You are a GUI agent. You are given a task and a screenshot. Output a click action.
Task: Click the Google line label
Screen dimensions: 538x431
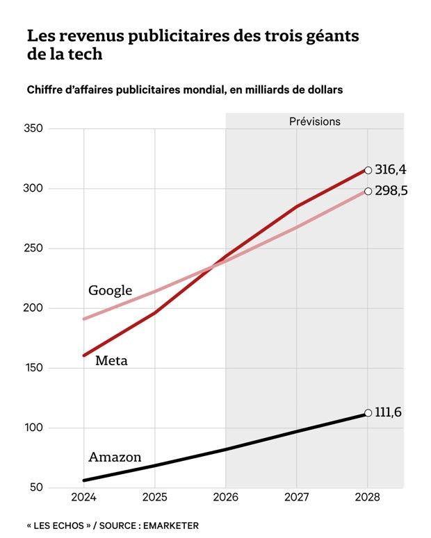click(x=110, y=290)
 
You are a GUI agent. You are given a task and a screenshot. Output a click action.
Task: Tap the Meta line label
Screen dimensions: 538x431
click(x=111, y=360)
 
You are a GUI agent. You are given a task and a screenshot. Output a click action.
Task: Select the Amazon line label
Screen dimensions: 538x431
click(x=115, y=457)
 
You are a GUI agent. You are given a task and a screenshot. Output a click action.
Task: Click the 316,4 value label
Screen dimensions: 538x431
click(x=391, y=169)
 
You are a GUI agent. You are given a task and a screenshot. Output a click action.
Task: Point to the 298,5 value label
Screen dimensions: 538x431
click(x=391, y=191)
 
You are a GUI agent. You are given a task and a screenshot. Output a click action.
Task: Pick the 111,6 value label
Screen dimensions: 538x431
click(x=389, y=412)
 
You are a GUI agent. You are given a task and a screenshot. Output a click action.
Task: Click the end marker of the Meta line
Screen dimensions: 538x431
click(x=368, y=169)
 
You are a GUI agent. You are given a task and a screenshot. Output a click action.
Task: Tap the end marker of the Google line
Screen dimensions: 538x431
click(x=368, y=191)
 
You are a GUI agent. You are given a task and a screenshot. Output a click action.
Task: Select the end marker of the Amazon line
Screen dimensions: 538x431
click(x=368, y=413)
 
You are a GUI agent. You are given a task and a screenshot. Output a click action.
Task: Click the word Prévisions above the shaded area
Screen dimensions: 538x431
click(x=315, y=121)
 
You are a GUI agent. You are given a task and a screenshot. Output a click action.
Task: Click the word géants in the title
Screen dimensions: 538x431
click(x=331, y=35)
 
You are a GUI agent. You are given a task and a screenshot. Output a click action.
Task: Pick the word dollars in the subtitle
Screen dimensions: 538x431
click(x=324, y=90)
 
